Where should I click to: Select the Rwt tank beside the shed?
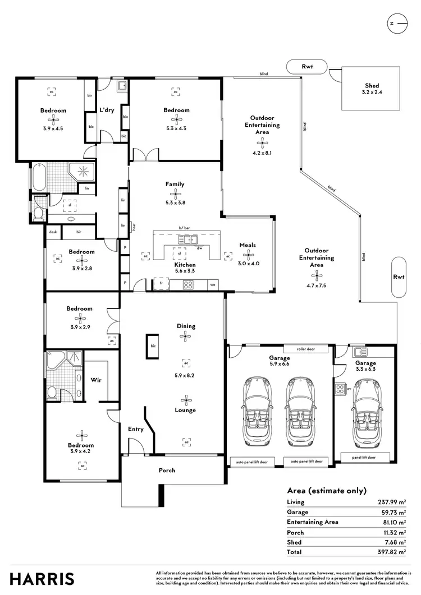click(307, 66)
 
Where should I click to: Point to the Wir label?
click(95, 380)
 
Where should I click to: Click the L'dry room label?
click(107, 110)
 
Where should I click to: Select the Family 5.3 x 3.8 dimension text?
click(175, 204)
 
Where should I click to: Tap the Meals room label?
click(248, 245)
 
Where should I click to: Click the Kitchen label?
click(185, 265)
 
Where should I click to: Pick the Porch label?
click(167, 470)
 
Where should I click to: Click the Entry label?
click(136, 429)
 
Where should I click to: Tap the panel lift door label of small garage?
click(364, 458)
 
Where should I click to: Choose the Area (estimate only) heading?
click(326, 490)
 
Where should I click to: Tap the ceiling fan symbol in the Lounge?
click(185, 399)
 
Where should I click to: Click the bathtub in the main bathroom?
click(38, 178)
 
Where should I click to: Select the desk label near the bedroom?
click(53, 232)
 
